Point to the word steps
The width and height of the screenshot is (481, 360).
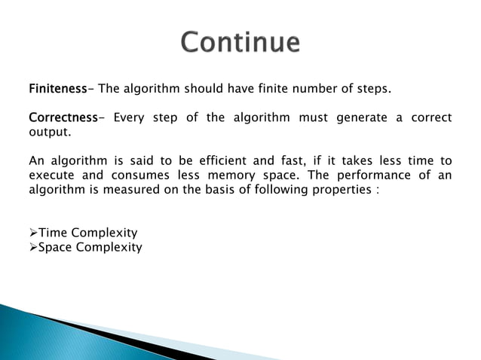[372, 90]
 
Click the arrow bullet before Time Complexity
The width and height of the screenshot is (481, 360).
[33, 233]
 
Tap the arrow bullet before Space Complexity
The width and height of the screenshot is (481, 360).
[33, 247]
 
